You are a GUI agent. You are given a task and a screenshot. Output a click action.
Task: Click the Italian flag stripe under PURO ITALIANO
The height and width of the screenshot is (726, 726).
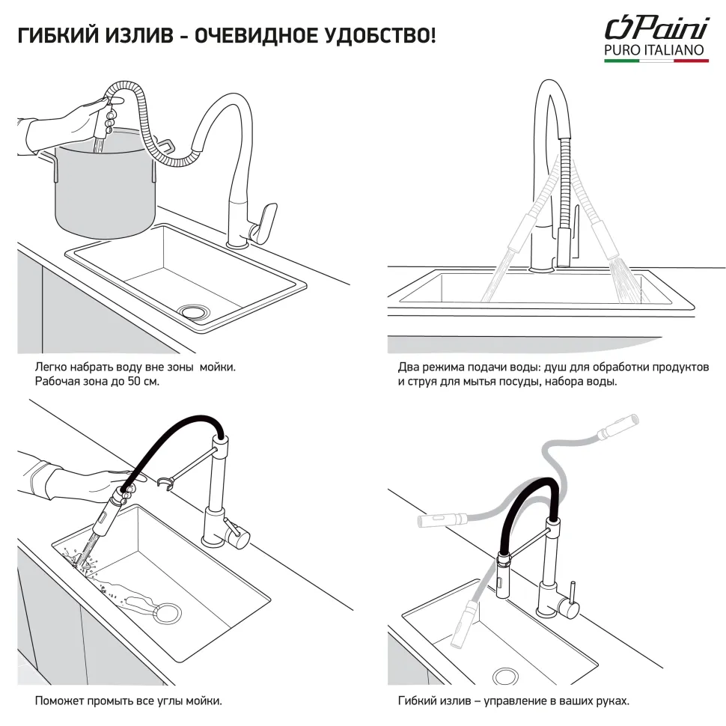656,60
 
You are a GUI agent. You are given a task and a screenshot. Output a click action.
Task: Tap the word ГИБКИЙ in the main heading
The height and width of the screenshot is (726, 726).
59,36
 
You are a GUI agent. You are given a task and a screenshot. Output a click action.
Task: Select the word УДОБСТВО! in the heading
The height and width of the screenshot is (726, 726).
379,36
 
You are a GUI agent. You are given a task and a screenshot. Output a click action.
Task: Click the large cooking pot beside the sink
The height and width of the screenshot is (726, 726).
106,184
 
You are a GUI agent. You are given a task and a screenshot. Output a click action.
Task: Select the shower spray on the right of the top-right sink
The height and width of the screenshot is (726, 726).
626,281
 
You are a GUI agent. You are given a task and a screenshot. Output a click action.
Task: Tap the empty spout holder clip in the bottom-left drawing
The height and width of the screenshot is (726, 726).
165,484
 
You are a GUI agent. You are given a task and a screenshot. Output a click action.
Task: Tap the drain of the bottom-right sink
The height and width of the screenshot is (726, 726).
506,677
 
